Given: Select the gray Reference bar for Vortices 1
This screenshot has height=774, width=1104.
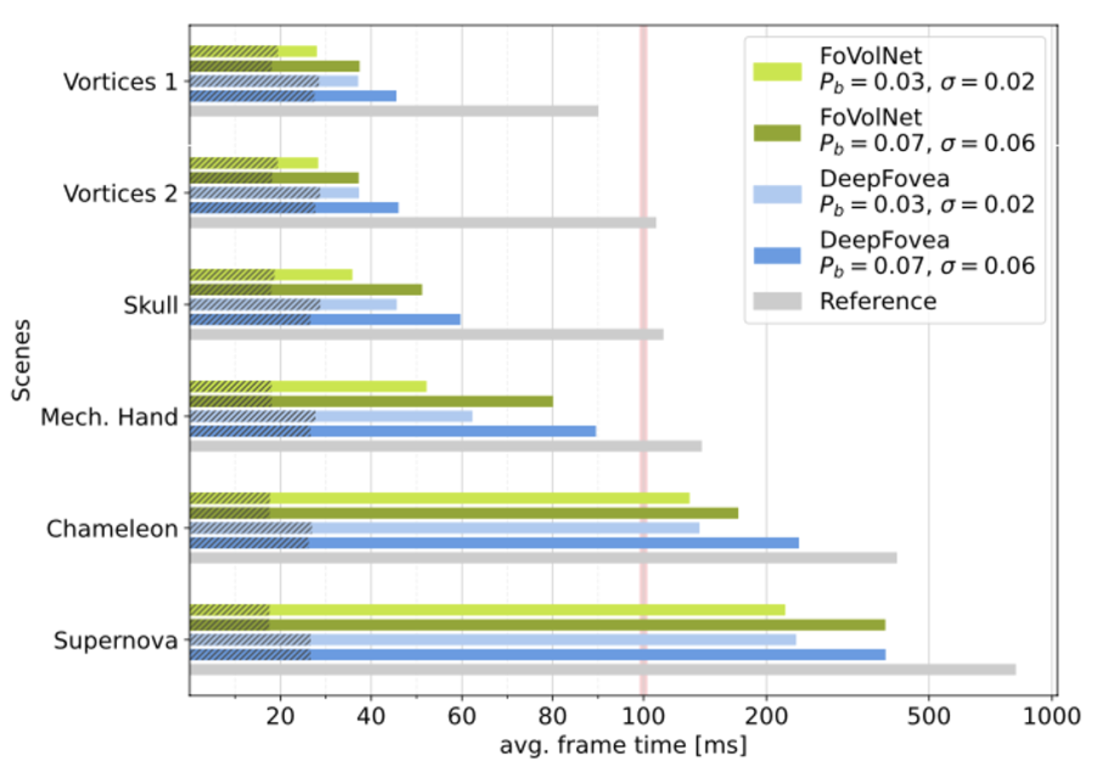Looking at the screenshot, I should click(392, 111).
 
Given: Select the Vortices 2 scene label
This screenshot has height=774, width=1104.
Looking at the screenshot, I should click(120, 193).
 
